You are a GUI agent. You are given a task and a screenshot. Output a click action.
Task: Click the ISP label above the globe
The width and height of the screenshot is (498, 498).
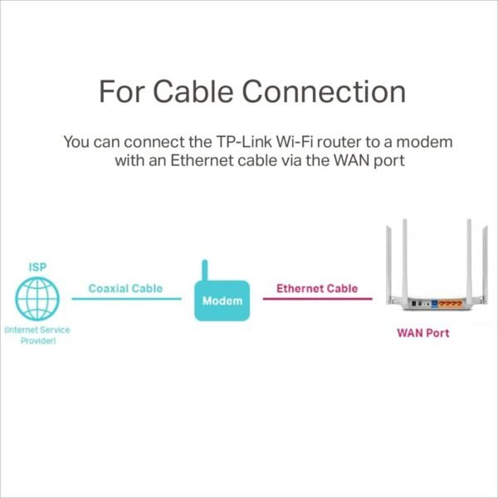coord(37,267)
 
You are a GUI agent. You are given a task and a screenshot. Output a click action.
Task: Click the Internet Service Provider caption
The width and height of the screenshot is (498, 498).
coord(37,335)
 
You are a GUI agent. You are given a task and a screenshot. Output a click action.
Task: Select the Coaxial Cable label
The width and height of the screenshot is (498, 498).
coord(126,289)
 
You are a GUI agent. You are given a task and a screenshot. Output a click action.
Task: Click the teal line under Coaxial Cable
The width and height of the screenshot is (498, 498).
coord(126,300)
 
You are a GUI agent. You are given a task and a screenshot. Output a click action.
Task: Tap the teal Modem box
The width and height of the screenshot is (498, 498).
coord(222,300)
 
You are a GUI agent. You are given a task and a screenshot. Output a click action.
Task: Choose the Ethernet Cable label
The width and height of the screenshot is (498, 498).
coord(317,289)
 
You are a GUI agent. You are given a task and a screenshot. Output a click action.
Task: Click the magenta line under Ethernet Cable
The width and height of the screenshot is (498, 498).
coord(317,300)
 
